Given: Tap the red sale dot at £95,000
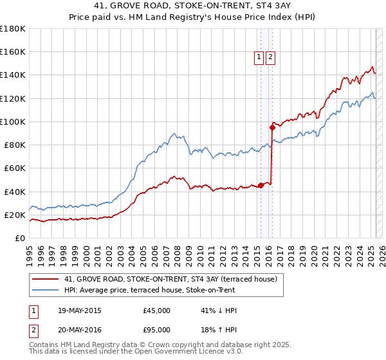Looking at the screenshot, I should [x=272, y=127].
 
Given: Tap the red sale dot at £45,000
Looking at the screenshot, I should [x=261, y=185].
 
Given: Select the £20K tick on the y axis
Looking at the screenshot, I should [x=14, y=215].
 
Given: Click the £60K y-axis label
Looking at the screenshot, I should [x=14, y=168].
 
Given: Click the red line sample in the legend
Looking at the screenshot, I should [x=46, y=279].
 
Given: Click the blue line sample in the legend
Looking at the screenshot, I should [x=46, y=289].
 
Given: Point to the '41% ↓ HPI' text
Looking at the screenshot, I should [x=219, y=310].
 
